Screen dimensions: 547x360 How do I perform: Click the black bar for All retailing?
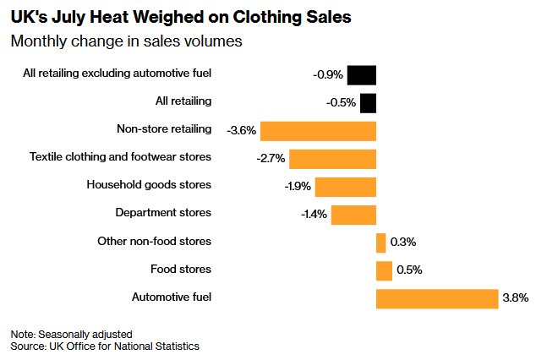point(368,103)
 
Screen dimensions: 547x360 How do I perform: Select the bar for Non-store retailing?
point(318,131)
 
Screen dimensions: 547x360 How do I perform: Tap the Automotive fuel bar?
point(437,299)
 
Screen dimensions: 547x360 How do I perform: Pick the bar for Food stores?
point(384,271)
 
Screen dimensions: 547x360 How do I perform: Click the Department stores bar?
point(353,215)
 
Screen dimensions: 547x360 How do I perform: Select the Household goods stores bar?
point(346,187)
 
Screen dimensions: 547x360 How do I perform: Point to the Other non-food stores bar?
point(381,243)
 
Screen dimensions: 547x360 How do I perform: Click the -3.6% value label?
point(242,130)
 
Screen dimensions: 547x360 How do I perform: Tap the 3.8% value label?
point(516,297)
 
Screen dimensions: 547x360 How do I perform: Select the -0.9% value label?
point(328,74)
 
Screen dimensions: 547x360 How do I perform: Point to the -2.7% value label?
point(271,158)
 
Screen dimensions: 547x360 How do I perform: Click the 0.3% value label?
point(403,242)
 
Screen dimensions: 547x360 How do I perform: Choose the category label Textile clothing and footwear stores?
point(120,156)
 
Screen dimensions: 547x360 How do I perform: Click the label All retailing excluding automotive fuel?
point(118,74)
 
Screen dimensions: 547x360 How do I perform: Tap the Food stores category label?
point(181,269)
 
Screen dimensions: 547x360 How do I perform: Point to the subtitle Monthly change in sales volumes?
point(126,41)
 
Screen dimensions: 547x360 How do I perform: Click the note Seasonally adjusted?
point(85,335)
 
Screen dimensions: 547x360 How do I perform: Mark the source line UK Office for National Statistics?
point(124,346)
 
